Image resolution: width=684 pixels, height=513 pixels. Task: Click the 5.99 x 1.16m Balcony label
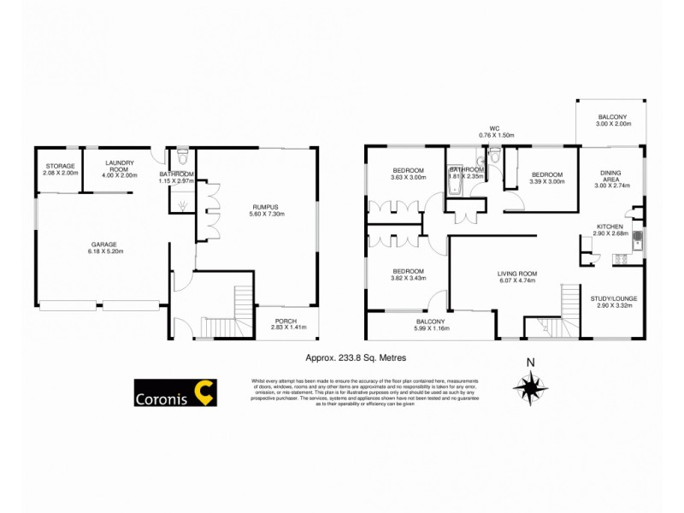(432, 324)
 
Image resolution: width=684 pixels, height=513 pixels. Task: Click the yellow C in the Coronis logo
(203, 392)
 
